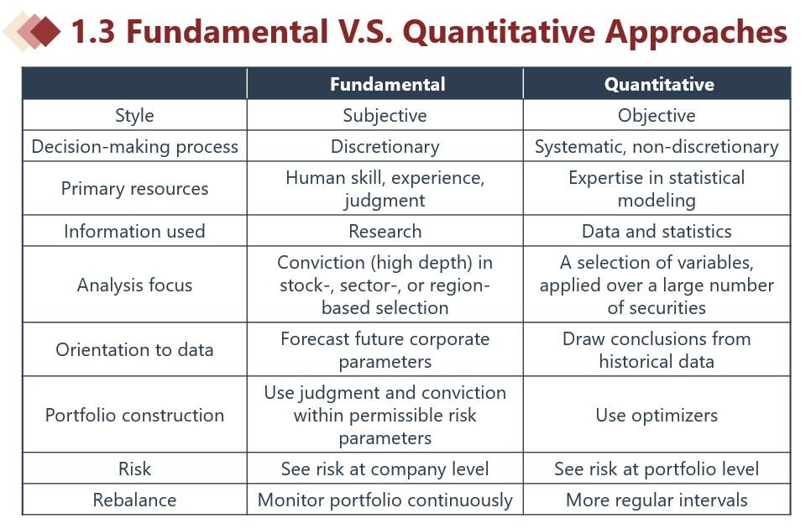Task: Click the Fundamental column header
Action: [387, 84]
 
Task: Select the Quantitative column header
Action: [659, 84]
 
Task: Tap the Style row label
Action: [134, 115]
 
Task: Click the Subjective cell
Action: [385, 115]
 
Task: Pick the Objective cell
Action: [657, 115]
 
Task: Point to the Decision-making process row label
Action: [134, 146]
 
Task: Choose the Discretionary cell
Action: [385, 146]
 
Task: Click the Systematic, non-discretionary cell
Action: [657, 146]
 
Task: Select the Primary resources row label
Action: [134, 189]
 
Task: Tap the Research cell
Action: [385, 231]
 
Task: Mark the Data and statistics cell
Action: [657, 231]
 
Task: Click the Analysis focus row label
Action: [134, 285]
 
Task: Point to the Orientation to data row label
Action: [134, 349]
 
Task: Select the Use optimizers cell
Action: [657, 416]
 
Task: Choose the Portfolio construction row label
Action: [134, 416]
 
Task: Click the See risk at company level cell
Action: [385, 469]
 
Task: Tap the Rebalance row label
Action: [134, 500]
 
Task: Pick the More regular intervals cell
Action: [657, 500]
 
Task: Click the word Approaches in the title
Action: [696, 32]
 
